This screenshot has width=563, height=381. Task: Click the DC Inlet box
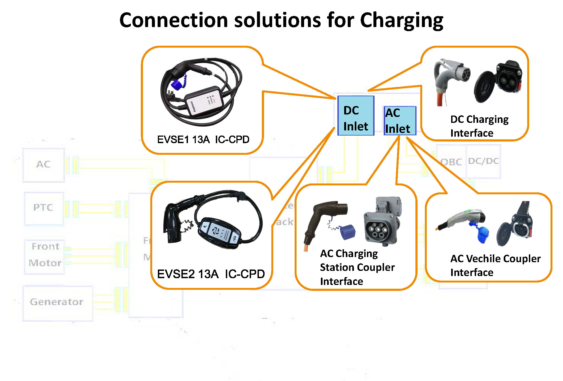click(356, 116)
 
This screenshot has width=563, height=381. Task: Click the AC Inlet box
click(400, 121)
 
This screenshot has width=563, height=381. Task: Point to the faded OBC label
click(451, 162)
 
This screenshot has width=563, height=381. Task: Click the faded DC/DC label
click(483, 161)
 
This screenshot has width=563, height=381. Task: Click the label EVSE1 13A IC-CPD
click(203, 140)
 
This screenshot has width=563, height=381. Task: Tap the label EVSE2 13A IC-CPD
click(211, 274)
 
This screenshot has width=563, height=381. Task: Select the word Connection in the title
click(174, 21)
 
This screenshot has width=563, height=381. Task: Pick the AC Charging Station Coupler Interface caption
click(357, 267)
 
